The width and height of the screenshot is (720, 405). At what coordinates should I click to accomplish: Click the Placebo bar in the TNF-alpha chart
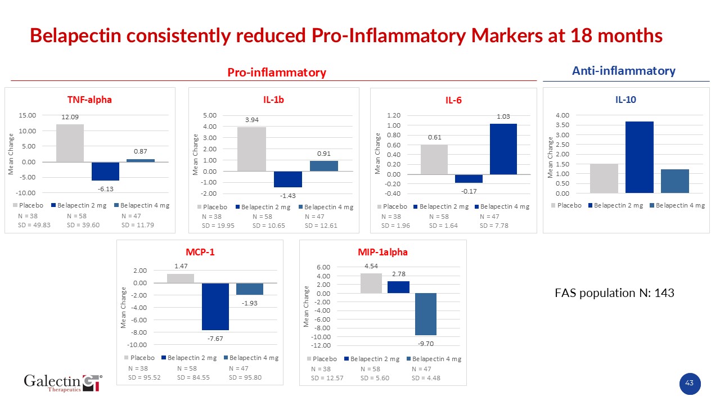pos(70,143)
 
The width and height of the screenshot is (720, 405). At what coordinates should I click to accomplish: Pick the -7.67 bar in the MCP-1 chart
pos(215,307)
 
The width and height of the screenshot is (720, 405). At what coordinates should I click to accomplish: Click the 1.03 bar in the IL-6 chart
pos(503,149)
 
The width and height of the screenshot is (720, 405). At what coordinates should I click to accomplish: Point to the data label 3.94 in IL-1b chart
pos(251,120)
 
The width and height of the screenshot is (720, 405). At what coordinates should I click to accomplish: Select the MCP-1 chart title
pos(200,252)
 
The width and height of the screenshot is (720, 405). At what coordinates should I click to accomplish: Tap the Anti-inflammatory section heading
pos(623,71)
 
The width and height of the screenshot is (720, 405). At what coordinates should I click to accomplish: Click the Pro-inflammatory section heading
pos(276,73)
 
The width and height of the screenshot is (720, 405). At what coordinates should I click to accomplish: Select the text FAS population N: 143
pos(614,293)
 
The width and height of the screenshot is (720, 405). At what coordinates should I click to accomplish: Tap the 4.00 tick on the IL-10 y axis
pos(562,115)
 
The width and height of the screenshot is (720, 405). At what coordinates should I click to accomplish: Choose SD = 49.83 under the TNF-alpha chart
pos(35,226)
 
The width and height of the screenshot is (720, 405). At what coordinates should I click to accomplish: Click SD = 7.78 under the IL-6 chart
pos(493,226)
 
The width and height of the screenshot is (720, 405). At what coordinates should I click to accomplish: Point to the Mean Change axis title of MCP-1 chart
pos(124,307)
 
